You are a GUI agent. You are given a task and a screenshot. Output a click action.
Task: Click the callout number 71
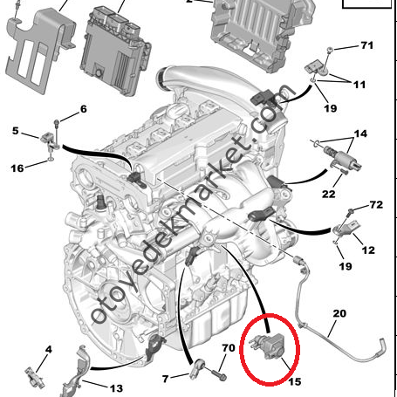366,45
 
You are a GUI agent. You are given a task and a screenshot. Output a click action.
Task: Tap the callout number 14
360,133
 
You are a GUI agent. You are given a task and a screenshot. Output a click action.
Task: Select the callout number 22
328,194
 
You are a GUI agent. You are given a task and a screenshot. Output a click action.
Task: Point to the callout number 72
376,205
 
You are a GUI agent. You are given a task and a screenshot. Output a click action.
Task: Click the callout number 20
339,313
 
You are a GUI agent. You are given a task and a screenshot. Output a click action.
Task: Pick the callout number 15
295,381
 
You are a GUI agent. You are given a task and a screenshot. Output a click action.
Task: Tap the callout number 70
229,347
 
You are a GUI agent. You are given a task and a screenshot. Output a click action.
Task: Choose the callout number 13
116,388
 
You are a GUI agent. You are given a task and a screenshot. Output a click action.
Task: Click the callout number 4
48,349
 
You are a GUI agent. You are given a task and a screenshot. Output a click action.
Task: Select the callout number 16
17,168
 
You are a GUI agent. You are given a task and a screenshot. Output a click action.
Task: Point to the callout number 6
84,109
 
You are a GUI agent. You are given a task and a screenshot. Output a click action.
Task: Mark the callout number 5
16,131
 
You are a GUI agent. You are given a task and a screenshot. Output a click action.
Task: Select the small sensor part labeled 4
34,377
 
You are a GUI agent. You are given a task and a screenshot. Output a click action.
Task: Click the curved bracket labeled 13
75,371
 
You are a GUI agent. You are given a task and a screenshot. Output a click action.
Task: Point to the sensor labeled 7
198,368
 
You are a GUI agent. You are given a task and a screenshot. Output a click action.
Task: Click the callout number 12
368,250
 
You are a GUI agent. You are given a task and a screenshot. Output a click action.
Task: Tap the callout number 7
166,379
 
